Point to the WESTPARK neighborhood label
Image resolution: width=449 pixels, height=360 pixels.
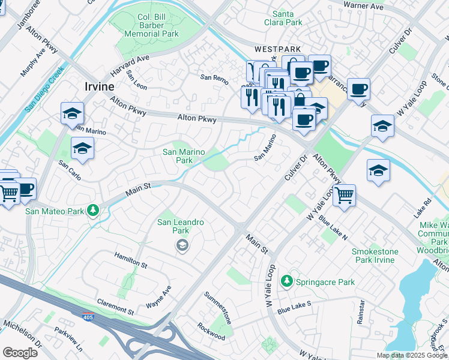(x=277, y=50)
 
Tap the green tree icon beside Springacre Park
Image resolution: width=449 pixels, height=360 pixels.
(x=288, y=281)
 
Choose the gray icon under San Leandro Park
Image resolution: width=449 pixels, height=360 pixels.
(x=181, y=245)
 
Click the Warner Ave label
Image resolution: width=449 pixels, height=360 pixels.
(x=363, y=6)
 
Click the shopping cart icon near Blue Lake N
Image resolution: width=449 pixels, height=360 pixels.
(x=344, y=195)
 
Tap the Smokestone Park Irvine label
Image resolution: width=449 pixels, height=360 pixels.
(x=373, y=256)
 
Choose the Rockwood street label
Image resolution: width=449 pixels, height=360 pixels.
(x=211, y=332)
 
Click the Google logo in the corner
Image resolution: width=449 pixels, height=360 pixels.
(x=20, y=353)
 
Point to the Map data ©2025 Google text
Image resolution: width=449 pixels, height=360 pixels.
(x=412, y=355)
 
